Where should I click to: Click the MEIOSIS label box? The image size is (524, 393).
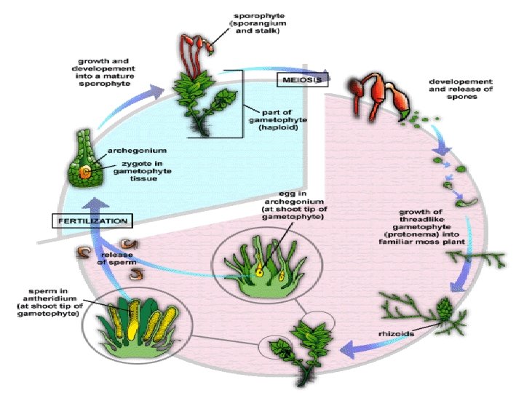pos(298,79)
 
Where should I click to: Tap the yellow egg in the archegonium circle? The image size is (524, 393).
pos(259,273)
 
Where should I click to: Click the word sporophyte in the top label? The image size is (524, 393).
pos(258,16)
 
